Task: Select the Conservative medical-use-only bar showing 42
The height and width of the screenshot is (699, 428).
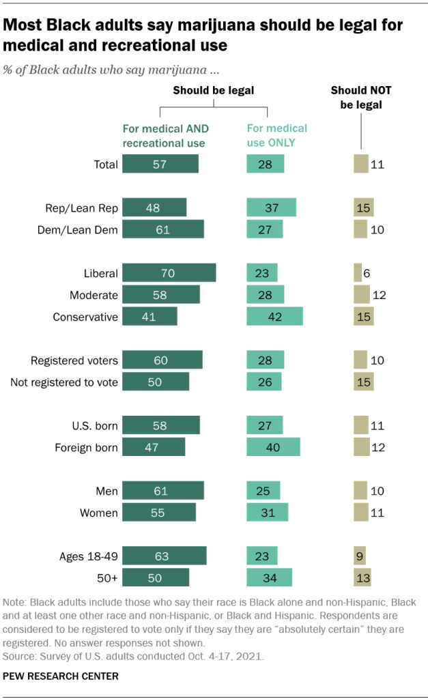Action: pos(274,317)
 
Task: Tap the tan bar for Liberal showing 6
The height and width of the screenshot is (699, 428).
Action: pos(357,273)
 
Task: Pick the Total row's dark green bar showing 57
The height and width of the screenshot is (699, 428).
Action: pos(161,165)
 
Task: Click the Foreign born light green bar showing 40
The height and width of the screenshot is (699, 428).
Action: pos(272,448)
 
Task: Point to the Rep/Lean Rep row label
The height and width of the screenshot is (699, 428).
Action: pos(81,208)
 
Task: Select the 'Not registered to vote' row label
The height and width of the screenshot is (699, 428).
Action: pos(64,382)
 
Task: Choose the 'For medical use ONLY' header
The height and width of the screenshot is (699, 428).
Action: pos(276,135)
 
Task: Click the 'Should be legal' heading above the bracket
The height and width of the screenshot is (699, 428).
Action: pos(214,90)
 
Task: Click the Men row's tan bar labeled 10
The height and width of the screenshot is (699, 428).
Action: pos(360,491)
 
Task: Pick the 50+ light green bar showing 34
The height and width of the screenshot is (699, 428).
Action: pos(269,578)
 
